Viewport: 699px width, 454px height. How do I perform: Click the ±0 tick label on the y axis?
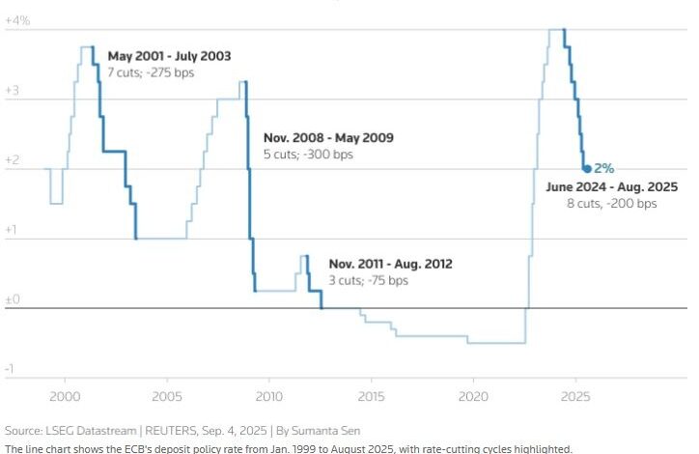click(x=13, y=300)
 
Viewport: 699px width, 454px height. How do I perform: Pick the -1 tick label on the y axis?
click(x=10, y=369)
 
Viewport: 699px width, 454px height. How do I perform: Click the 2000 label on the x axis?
click(x=65, y=396)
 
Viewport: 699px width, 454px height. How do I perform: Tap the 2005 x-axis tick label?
click(x=167, y=396)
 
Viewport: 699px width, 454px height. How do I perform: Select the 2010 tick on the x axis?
click(x=268, y=396)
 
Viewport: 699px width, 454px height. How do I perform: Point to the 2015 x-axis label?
click(x=371, y=396)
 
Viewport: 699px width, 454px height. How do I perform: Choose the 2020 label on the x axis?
click(x=473, y=396)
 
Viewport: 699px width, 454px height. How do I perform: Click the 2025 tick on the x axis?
click(x=574, y=396)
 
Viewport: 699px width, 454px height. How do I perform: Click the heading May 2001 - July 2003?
click(x=169, y=56)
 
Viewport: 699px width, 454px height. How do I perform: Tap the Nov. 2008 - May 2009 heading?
click(x=328, y=137)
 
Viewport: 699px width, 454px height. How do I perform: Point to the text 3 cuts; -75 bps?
click(x=368, y=280)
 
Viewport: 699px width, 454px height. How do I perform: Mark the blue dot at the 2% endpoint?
click(x=586, y=168)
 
